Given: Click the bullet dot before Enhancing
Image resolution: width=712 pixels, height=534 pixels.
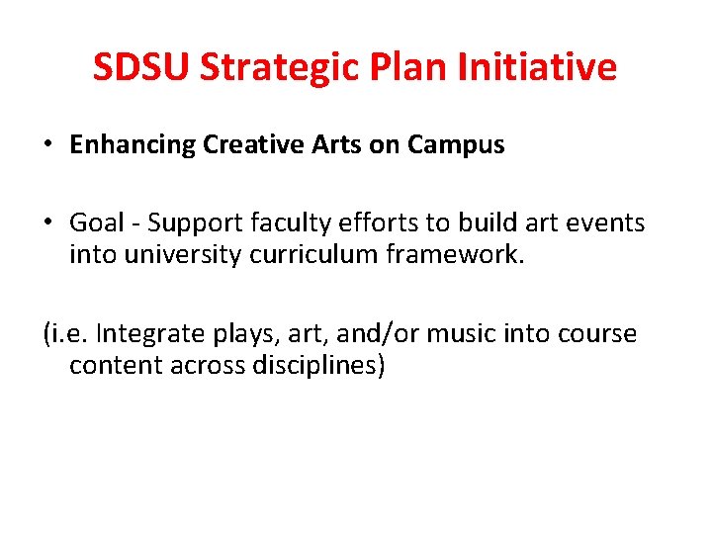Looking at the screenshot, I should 47,145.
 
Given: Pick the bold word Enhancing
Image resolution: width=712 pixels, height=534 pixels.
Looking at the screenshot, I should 133,145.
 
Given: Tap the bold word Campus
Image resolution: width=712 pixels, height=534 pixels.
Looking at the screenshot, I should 463,145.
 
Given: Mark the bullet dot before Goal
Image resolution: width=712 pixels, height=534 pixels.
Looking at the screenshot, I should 47,223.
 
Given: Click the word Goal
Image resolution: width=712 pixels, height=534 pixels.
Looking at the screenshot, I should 94,223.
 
